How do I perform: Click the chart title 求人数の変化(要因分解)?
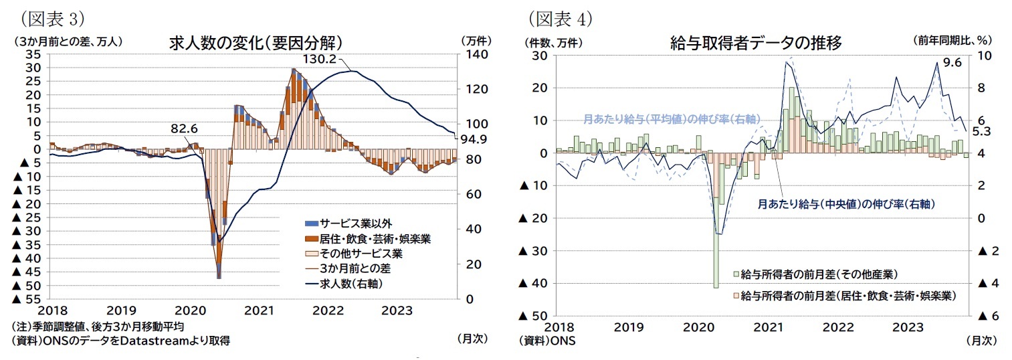tap(256, 43)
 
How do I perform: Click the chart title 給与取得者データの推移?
tap(756, 43)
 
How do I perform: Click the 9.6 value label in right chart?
tap(951, 62)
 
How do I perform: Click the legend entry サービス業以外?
tap(351, 223)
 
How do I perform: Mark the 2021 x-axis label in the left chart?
tap(258, 310)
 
